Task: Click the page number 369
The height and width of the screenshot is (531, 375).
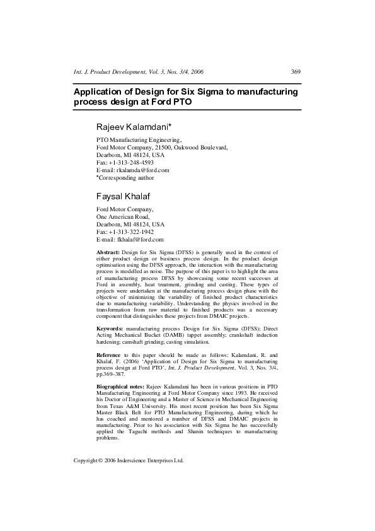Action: [296, 72]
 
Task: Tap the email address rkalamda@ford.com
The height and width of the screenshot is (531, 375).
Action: [144, 170]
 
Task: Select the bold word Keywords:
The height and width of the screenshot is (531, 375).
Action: [110, 329]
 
